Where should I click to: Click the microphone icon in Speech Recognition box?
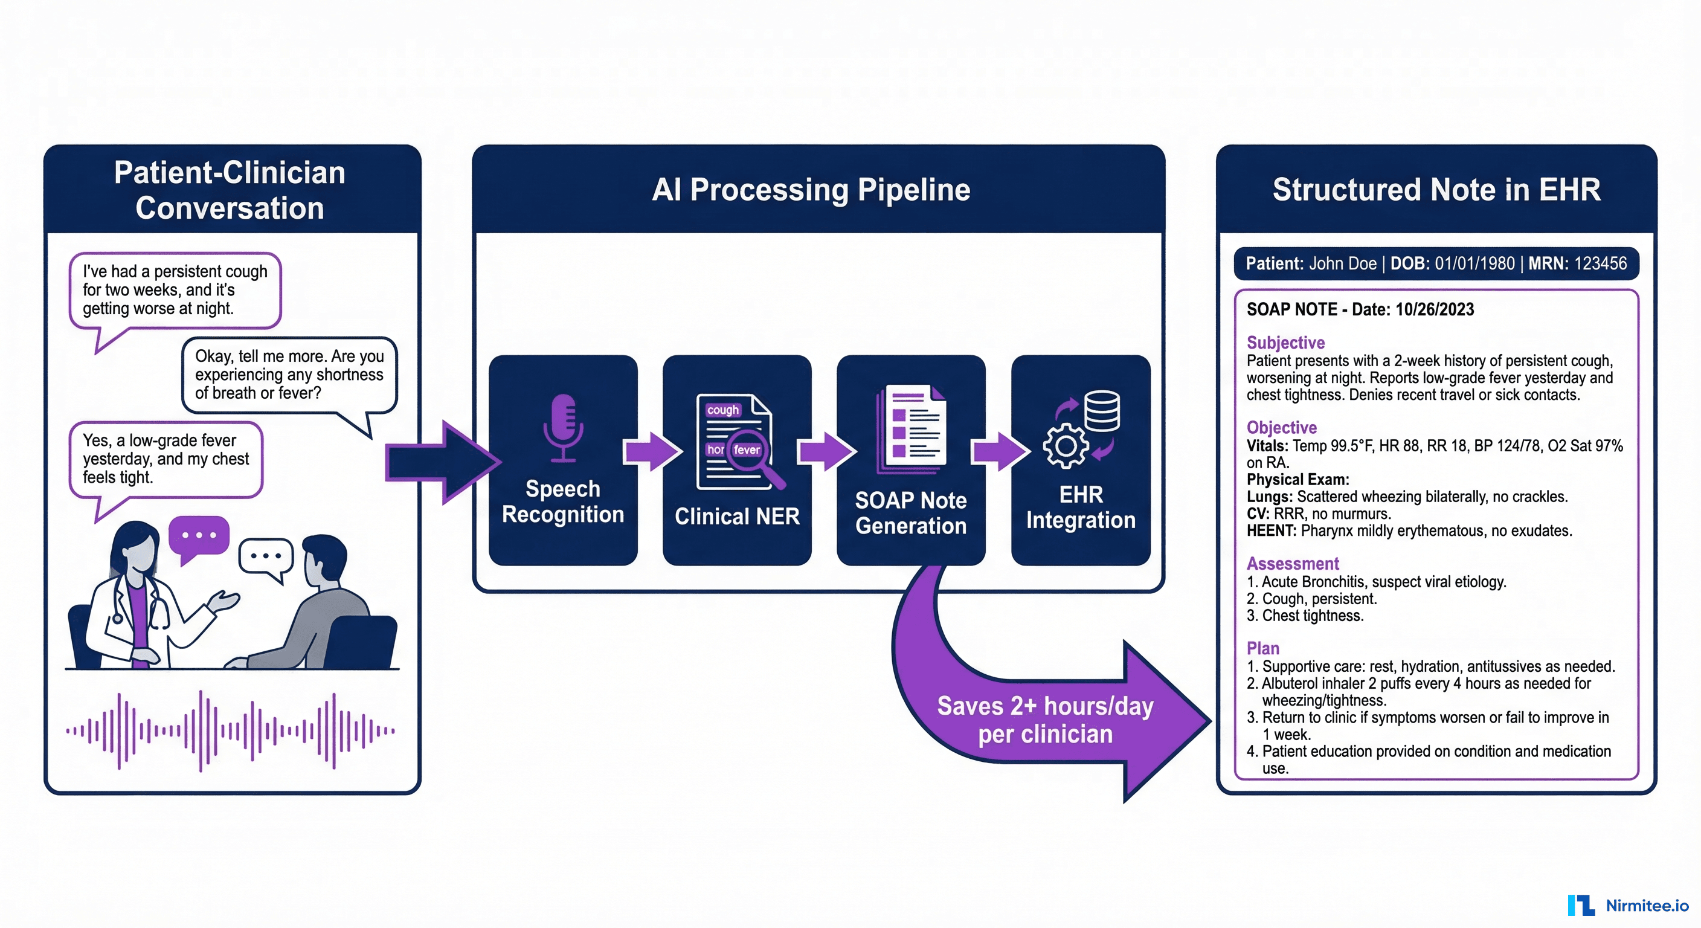coord(562,426)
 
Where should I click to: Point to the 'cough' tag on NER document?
coord(722,410)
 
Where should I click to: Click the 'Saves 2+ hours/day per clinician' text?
coord(1044,720)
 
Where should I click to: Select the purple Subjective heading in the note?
coord(1285,343)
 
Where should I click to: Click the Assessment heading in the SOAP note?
coord(1292,564)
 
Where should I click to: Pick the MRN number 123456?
coord(1600,263)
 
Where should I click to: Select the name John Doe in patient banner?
coord(1342,263)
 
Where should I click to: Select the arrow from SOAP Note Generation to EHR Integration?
coord(999,452)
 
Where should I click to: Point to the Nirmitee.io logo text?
coord(1647,906)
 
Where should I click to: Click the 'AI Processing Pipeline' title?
coord(811,190)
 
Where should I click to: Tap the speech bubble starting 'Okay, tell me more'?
coord(289,375)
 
